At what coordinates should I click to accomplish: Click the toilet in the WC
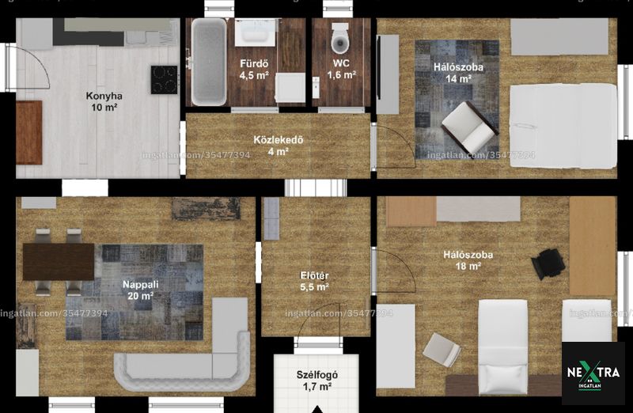tap(340, 38)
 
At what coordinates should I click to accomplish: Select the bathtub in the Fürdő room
tap(209, 62)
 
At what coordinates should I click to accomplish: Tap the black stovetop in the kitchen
tap(165, 80)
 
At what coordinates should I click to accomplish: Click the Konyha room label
tap(104, 96)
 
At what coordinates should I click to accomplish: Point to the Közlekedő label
tap(279, 140)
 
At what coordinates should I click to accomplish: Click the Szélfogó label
tap(317, 375)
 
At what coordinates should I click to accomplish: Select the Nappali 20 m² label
tap(141, 290)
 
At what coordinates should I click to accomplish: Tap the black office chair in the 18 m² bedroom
tap(548, 263)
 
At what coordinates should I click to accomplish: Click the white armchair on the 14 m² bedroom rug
tap(470, 127)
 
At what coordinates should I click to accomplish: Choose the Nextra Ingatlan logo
tap(593, 373)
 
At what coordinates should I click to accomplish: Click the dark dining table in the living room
tap(59, 262)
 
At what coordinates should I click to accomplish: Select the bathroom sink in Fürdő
tap(255, 32)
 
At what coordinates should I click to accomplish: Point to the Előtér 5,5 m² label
tap(314, 282)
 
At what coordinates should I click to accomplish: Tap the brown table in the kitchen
tap(29, 132)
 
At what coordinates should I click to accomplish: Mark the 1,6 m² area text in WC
tap(342, 74)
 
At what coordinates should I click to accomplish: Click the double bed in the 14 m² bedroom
tap(563, 126)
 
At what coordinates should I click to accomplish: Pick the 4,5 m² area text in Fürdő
tap(254, 75)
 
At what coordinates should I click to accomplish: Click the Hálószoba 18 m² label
tap(468, 260)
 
